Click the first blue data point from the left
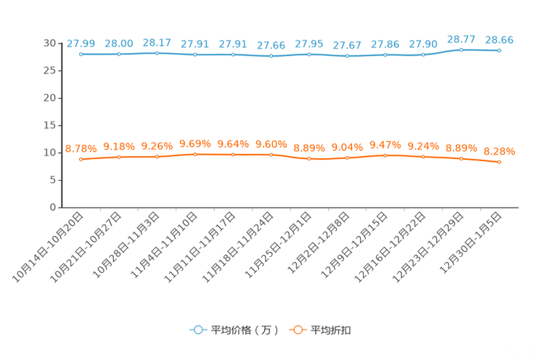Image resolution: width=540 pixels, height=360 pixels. [x=81, y=54]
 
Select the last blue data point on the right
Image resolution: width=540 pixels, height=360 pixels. [x=499, y=50]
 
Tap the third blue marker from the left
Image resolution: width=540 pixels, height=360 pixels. [x=157, y=53]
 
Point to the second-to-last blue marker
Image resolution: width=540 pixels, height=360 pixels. [x=461, y=49]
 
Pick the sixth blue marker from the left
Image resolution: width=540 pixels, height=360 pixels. [x=271, y=56]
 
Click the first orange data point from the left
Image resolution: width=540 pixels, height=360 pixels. [x=81, y=159]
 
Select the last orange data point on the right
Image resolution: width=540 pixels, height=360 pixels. [x=499, y=162]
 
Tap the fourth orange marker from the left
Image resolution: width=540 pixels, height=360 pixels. [x=195, y=155]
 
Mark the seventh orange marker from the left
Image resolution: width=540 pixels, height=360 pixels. [x=309, y=158]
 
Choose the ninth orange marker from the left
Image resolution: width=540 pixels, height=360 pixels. [x=385, y=155]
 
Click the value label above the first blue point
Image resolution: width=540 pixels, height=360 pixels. [x=81, y=44]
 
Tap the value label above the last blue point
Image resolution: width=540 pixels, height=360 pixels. [x=499, y=40]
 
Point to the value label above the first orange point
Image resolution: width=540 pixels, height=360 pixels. [x=81, y=149]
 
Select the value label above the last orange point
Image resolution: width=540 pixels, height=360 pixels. [x=499, y=152]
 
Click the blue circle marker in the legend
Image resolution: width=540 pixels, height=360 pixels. [x=197, y=330]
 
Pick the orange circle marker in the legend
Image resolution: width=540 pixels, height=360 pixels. [x=297, y=330]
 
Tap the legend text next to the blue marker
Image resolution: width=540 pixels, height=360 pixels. [x=245, y=330]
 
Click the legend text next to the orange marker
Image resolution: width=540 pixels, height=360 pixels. [x=332, y=330]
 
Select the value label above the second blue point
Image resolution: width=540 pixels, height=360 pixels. [x=119, y=44]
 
